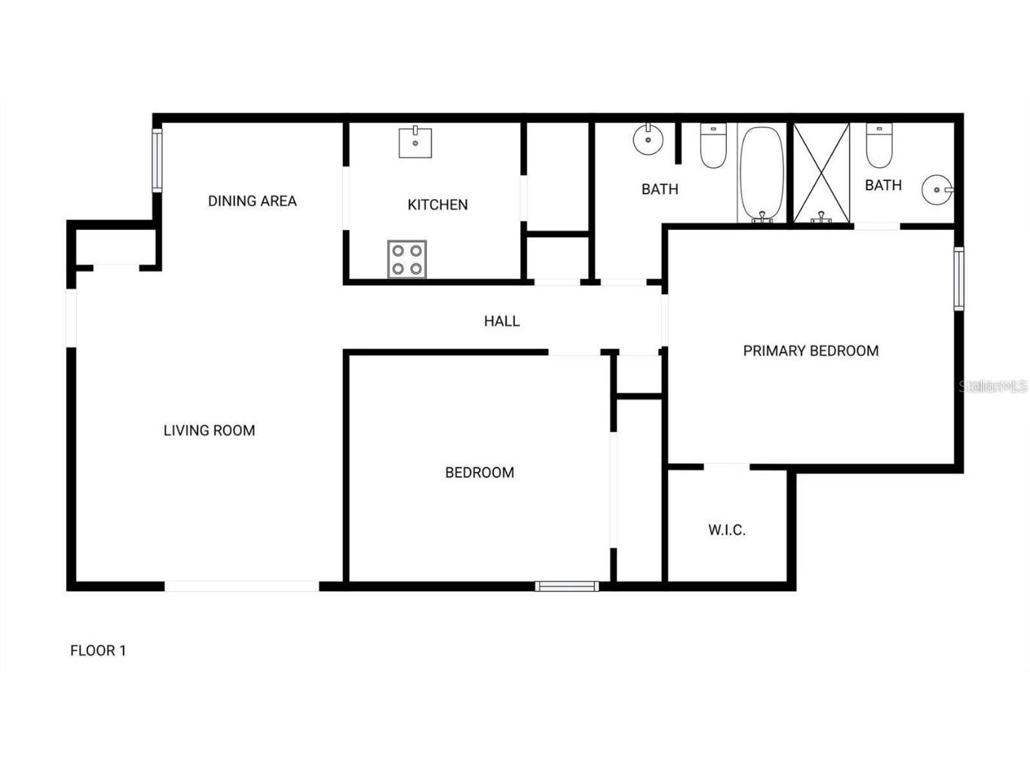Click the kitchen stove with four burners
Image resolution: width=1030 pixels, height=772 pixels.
point(407,259)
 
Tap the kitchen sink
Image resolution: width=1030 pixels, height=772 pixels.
point(415,142)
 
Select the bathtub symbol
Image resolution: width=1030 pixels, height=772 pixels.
point(762,174)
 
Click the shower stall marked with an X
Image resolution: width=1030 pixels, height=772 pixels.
point(821,173)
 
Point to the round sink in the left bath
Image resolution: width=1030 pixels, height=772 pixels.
point(648,139)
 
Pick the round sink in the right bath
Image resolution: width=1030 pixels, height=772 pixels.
point(937,190)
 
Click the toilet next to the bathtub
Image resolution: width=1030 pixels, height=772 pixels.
point(713,146)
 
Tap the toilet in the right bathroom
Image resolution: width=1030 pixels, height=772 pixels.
point(878,146)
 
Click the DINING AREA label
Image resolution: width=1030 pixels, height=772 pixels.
point(253,201)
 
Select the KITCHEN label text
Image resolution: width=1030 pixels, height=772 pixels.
point(437,204)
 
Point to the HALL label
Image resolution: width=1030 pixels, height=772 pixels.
point(501,321)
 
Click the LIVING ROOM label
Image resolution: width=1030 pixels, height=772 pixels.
point(210,430)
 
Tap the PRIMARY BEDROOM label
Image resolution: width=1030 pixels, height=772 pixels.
point(811,351)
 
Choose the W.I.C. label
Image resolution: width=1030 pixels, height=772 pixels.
point(727,530)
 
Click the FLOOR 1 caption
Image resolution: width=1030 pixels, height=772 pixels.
point(98,651)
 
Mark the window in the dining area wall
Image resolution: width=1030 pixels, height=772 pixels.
point(157,160)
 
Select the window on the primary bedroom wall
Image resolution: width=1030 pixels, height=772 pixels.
point(959,278)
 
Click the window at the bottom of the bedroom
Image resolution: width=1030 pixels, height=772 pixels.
point(567,586)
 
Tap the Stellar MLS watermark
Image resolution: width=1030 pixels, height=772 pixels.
point(992,387)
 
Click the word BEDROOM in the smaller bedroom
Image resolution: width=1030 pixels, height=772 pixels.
point(480,473)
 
